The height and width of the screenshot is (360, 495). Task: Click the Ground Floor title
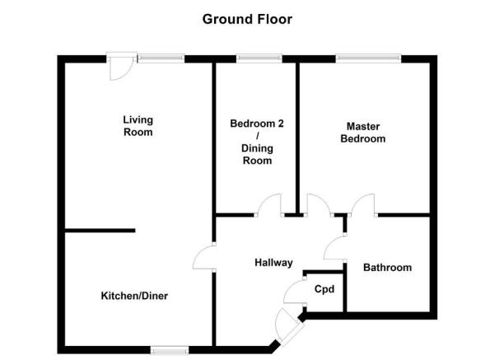tap(247, 19)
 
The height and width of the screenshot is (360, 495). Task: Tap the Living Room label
tap(138, 126)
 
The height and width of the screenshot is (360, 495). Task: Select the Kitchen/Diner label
tap(134, 296)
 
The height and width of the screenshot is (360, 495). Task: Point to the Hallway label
tap(273, 263)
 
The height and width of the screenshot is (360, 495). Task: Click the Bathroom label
tap(387, 268)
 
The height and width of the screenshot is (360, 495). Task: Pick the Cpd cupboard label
tap(325, 289)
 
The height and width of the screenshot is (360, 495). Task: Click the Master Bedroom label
tap(362, 133)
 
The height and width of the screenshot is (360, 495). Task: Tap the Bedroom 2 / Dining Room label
tap(257, 142)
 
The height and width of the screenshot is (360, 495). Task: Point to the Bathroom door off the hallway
tap(335, 248)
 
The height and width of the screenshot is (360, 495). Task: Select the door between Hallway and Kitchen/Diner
tap(204, 257)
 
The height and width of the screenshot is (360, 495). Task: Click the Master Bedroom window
tap(368, 58)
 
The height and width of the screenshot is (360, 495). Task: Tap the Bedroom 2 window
tap(259, 58)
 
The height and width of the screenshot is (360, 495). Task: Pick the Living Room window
tap(161, 58)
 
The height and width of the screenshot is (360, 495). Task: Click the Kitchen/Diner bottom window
tap(170, 350)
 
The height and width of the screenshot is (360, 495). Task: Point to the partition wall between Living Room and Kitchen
tap(100, 231)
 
